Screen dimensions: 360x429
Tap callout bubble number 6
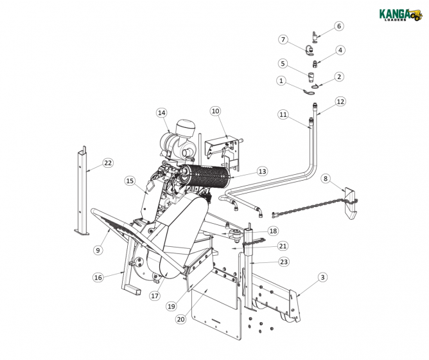click(338, 26)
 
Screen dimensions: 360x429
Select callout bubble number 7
click(283, 39)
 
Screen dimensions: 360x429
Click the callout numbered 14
click(161, 113)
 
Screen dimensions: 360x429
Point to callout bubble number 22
click(108, 163)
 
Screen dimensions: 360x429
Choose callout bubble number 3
click(322, 277)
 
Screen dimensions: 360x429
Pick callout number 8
click(326, 178)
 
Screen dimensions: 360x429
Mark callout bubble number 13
click(261, 172)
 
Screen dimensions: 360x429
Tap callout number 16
click(98, 278)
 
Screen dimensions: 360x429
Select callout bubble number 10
click(214, 111)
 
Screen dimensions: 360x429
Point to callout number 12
click(340, 102)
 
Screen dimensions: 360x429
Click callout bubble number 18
click(273, 231)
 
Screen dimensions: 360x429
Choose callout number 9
click(98, 250)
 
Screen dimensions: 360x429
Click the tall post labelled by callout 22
click(81, 193)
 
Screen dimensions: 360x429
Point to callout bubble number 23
click(283, 262)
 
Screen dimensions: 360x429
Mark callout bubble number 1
click(281, 80)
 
